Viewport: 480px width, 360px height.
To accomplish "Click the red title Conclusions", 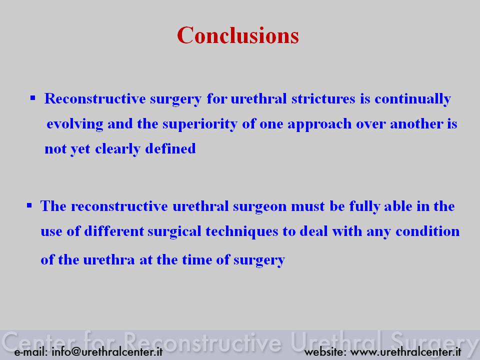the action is tap(238, 35).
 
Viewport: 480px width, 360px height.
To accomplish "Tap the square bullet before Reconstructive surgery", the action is tap(33, 98).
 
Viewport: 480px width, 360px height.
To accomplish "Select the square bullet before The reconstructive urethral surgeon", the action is tap(29, 205).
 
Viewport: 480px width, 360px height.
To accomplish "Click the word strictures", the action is tap(323, 98).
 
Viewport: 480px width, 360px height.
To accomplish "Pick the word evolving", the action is tap(75, 124).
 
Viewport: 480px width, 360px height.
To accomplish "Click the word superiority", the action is tap(200, 124).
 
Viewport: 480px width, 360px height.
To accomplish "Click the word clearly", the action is tap(118, 149).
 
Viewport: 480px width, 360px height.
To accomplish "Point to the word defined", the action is tap(170, 148).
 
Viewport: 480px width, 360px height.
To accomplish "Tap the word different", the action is tap(114, 231).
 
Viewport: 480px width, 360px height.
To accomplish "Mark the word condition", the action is tap(427, 231).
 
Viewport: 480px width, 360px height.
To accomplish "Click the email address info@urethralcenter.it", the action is tap(107, 351).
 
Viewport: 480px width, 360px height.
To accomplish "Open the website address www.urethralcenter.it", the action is tap(405, 351).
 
